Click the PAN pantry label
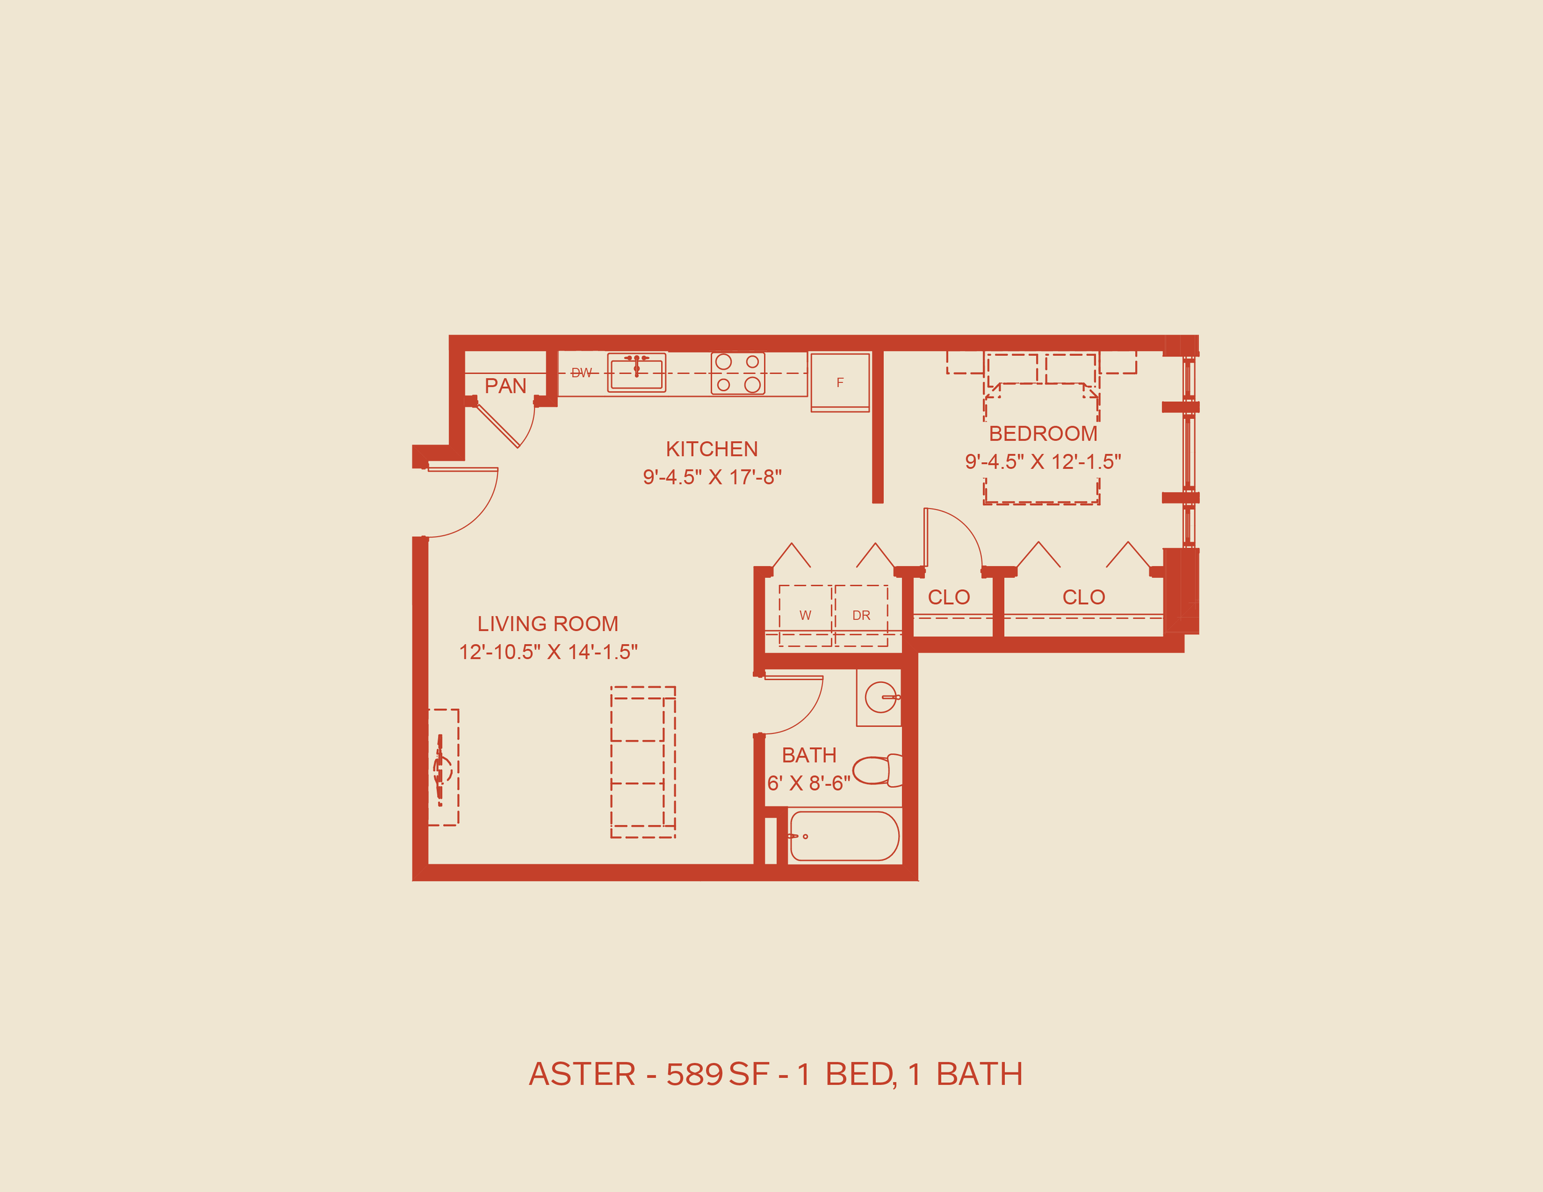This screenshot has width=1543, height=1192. [505, 386]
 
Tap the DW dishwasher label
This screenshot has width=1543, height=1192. [581, 373]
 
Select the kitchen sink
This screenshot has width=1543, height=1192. [636, 373]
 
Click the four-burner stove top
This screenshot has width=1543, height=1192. [738, 373]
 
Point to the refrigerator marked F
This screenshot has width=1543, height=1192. [840, 382]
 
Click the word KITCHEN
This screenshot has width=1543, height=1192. [712, 449]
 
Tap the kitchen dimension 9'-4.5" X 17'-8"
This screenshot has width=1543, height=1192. [712, 478]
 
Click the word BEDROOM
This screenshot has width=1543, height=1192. [1043, 434]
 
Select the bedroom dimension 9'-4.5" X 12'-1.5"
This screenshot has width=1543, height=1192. [1043, 462]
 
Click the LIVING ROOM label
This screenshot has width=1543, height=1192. [547, 624]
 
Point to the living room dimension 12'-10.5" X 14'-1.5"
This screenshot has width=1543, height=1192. [547, 652]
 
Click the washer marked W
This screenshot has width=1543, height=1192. [805, 615]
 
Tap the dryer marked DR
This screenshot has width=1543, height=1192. [860, 615]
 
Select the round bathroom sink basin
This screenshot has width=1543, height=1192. [880, 698]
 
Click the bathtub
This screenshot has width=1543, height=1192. [844, 836]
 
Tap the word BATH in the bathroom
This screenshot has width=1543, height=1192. [809, 756]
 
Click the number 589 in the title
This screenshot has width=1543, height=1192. [694, 1075]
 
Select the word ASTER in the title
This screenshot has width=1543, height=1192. [582, 1075]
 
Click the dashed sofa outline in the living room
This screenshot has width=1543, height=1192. [643, 762]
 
